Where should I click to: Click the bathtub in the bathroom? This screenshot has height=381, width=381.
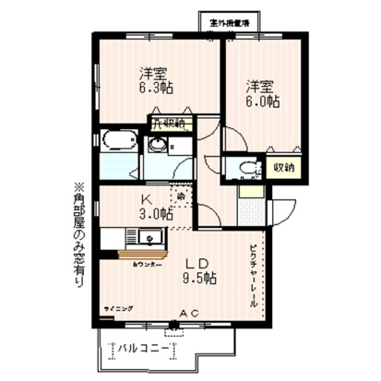118,144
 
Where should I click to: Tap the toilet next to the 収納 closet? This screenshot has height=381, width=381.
244,169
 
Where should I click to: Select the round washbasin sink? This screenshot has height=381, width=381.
159,145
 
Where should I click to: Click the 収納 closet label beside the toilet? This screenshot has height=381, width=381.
283,168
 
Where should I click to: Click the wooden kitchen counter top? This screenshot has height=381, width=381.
138,255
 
